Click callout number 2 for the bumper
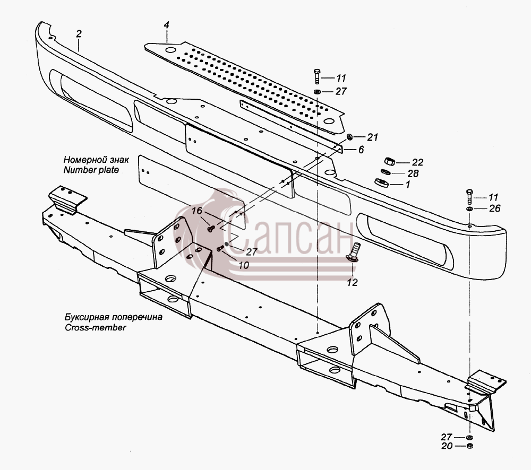[79, 34]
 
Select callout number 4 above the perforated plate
[166, 25]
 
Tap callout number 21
[373, 137]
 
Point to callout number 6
[361, 150]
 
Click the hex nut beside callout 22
[389, 161]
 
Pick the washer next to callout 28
[386, 172]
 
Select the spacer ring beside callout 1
[382, 182]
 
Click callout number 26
[495, 208]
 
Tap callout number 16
[197, 211]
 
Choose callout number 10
[244, 265]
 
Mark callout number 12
[352, 283]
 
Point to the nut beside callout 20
[469, 446]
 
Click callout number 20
[447, 446]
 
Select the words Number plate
[91, 170]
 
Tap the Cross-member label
[95, 327]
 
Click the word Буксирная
[87, 317]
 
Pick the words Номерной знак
[96, 159]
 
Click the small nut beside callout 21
[350, 137]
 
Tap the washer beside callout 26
[469, 208]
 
